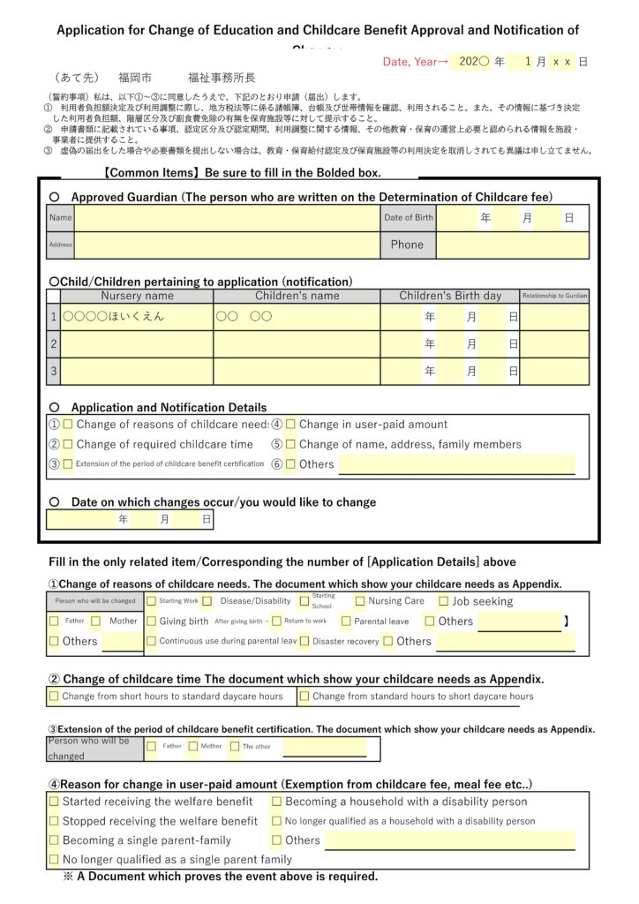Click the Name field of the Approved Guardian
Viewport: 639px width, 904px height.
[226, 217]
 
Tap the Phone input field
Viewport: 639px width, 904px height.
[512, 245]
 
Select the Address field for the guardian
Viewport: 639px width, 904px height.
[226, 245]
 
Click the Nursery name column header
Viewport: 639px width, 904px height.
[137, 296]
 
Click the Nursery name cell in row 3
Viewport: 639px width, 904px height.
[137, 371]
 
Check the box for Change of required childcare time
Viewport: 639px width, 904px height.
[68, 444]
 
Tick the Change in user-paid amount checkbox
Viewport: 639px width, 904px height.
[290, 425]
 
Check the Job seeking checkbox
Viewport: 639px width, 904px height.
[444, 601]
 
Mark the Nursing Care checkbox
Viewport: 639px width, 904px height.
[360, 601]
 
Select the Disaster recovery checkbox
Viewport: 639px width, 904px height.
[304, 641]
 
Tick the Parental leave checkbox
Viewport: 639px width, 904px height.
[346, 621]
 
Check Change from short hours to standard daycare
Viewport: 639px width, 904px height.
[54, 696]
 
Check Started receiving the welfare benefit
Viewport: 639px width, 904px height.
[54, 802]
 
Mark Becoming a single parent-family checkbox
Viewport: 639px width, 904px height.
[54, 840]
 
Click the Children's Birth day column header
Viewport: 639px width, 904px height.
[450, 296]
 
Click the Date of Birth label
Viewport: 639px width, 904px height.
[409, 217]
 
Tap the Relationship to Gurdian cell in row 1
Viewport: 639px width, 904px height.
[554, 317]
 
